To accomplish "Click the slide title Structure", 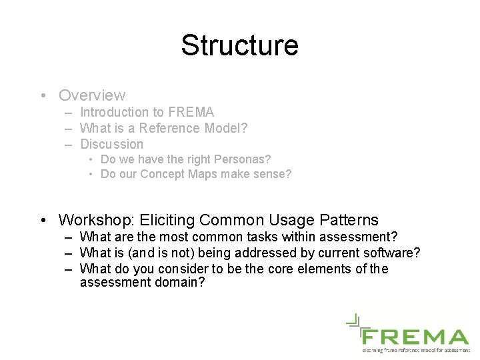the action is click(x=239, y=45).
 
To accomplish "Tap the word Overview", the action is click(x=92, y=95).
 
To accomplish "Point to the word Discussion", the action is click(x=111, y=144).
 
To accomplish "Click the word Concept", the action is click(x=165, y=175).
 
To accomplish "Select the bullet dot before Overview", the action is click(x=43, y=96).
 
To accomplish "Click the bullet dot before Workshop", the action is click(x=43, y=221).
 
